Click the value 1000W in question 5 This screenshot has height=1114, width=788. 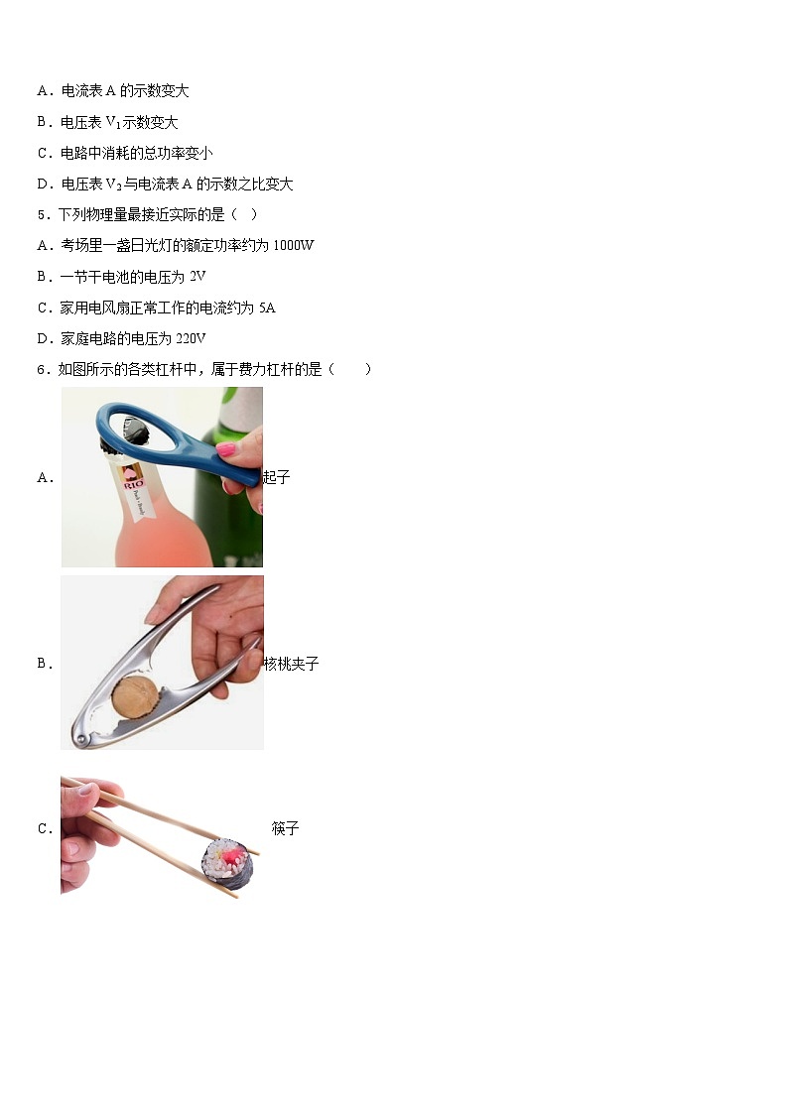tap(294, 245)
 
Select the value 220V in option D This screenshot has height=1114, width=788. tap(191, 338)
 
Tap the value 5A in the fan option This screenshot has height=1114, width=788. tap(267, 308)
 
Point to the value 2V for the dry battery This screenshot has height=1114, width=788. tap(197, 277)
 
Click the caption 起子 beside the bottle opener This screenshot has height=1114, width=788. tap(277, 477)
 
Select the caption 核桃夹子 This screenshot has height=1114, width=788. tap(292, 664)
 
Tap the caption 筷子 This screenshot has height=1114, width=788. tap(285, 827)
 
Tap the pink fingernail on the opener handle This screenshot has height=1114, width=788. tap(226, 448)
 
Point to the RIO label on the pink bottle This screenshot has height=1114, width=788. tap(133, 484)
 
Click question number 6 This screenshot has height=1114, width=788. tap(44, 369)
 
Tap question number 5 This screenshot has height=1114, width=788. tap(44, 214)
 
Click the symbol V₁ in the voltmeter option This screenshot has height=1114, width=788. tap(113, 123)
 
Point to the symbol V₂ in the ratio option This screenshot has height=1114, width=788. tap(114, 185)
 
